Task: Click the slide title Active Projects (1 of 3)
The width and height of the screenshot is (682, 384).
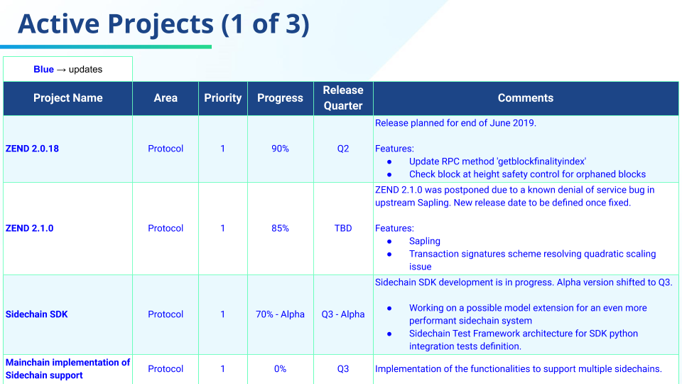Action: [x=163, y=23]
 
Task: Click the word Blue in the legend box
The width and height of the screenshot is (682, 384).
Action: [x=43, y=70]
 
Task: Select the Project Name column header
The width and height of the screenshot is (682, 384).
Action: [x=68, y=98]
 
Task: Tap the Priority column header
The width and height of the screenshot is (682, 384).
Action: [x=222, y=98]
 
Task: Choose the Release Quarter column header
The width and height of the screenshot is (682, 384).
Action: [x=343, y=98]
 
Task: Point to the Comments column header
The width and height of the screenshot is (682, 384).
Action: [x=526, y=98]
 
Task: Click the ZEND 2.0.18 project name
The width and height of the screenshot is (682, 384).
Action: [x=32, y=149]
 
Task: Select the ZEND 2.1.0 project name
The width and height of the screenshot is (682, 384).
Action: [x=30, y=228]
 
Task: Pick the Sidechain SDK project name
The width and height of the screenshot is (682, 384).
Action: [x=36, y=314]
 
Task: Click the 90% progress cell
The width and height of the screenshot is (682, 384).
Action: [x=280, y=149]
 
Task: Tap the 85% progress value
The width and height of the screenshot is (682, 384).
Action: [x=280, y=228]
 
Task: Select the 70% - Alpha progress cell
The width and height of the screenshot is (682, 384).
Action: [x=280, y=314]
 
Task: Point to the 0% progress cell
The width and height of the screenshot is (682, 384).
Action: [x=280, y=369]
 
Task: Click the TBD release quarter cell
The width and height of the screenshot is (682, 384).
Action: [x=343, y=228]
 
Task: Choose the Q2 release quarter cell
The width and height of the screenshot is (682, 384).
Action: [x=343, y=149]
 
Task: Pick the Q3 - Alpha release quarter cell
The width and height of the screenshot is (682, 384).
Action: [x=343, y=314]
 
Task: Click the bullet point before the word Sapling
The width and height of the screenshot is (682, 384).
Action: [x=389, y=242]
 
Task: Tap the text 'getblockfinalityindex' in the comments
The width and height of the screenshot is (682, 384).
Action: [x=541, y=161]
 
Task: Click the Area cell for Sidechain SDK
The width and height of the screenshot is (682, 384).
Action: [x=166, y=314]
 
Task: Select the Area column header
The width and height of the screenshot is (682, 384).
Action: [x=166, y=98]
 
